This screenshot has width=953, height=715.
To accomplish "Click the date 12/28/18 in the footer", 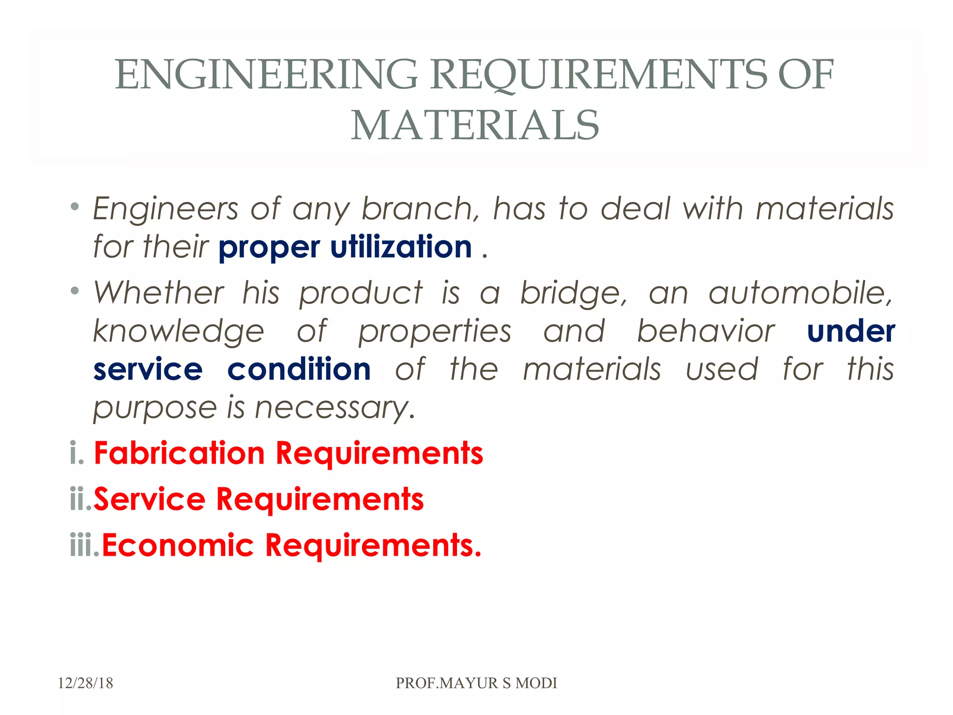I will click(85, 683).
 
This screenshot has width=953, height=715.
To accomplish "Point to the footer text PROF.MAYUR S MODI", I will click(476, 683).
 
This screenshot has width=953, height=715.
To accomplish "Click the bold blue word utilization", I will click(401, 247).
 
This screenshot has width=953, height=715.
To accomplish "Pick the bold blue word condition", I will click(299, 369).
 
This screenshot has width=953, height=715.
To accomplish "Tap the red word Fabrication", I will click(179, 453).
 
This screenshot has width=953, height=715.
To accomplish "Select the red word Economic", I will click(178, 545).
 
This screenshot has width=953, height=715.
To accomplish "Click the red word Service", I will click(149, 499).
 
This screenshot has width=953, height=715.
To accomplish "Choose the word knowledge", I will click(179, 331).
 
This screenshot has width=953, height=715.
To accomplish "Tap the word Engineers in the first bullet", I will click(166, 209).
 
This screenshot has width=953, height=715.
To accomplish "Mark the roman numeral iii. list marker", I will click(84, 545).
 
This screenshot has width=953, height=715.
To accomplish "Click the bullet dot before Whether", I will click(74, 291).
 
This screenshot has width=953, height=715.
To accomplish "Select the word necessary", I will click(335, 408).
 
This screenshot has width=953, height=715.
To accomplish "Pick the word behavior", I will click(705, 331).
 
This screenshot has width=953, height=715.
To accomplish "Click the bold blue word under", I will click(851, 331).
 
